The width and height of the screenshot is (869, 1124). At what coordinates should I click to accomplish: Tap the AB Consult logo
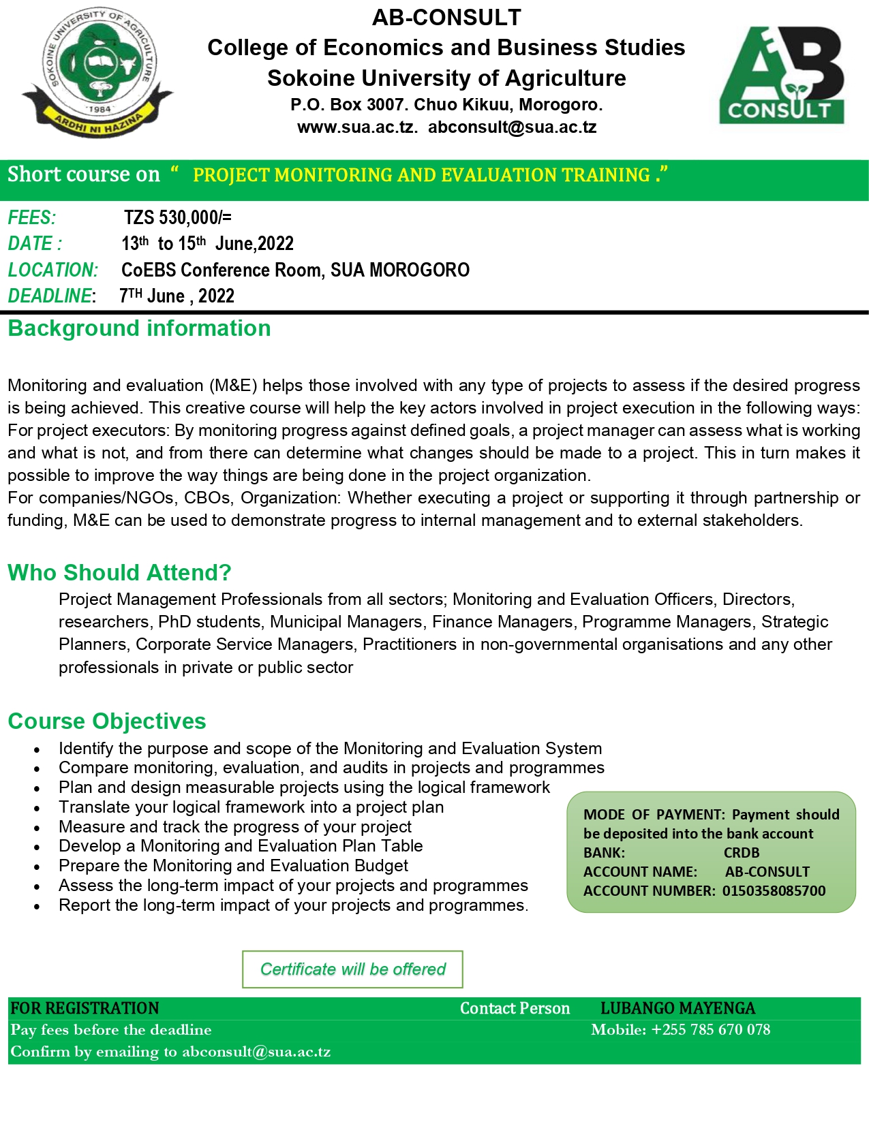781,76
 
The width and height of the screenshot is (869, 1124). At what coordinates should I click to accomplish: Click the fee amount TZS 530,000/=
177,218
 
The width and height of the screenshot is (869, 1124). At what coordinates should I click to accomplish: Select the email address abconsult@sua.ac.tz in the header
512,127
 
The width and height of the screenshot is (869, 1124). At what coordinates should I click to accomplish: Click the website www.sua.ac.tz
356,127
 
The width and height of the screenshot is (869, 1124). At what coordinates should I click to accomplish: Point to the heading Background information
139,329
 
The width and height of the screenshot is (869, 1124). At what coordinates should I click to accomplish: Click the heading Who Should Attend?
119,573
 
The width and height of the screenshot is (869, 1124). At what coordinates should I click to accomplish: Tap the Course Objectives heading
106,721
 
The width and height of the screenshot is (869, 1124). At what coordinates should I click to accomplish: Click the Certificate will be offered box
352,969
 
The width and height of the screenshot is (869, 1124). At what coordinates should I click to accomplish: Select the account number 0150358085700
774,891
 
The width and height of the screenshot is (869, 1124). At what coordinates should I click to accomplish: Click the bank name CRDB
741,853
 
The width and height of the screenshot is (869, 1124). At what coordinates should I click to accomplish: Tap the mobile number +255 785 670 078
710,1030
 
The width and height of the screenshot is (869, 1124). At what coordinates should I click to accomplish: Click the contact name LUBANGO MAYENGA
677,1008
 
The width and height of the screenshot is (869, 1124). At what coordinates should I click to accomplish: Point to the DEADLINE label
50,296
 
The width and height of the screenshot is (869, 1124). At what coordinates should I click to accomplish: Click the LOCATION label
53,270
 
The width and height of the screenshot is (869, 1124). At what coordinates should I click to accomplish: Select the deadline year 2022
216,296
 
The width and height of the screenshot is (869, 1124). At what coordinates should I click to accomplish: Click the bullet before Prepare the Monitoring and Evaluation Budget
37,867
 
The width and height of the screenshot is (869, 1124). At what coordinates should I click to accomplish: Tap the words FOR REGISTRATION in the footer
85,1008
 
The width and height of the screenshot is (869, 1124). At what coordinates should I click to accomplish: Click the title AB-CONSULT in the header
446,18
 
